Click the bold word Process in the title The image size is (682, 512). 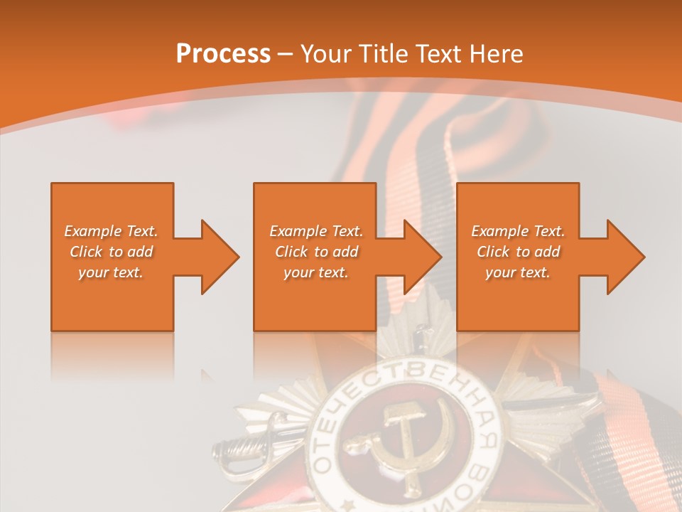pyautogui.click(x=223, y=53)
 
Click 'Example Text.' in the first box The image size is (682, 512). pyautogui.click(x=111, y=231)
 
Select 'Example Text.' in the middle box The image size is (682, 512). pyautogui.click(x=315, y=231)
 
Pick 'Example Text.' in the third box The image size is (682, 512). pyautogui.click(x=518, y=231)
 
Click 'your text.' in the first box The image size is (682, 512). pyautogui.click(x=111, y=272)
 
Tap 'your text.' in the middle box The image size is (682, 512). pyautogui.click(x=315, y=272)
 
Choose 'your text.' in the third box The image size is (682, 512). pyautogui.click(x=518, y=272)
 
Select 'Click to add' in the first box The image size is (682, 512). pyautogui.click(x=111, y=252)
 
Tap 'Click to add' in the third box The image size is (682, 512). pyautogui.click(x=518, y=252)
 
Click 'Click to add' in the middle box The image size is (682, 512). pyautogui.click(x=315, y=252)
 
